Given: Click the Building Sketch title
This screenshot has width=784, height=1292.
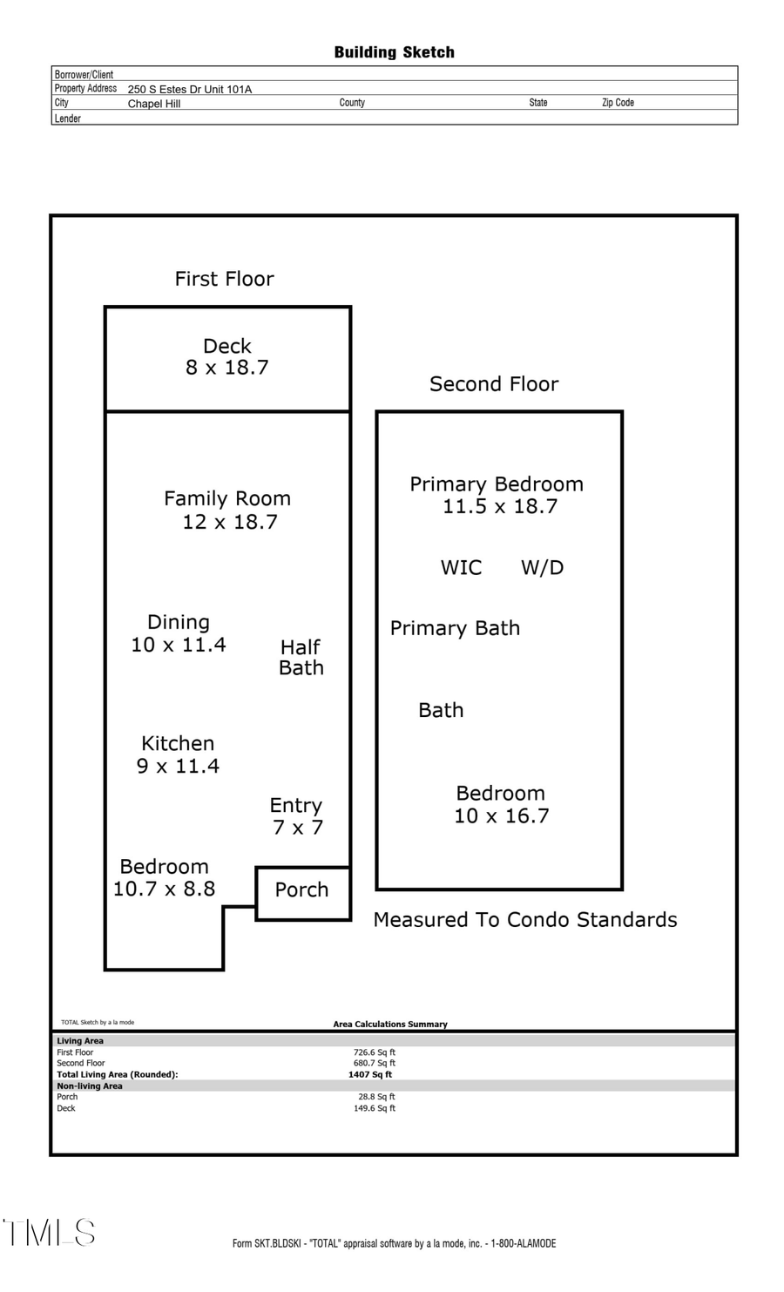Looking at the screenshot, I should (x=394, y=52).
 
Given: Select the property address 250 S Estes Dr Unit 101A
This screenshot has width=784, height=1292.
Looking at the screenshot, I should (x=189, y=89).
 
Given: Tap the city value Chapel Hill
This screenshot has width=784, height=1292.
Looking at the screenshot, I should (x=154, y=104).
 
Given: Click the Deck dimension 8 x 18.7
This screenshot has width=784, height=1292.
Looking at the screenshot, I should (x=226, y=368).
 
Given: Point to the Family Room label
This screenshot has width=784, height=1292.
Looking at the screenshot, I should (x=227, y=498).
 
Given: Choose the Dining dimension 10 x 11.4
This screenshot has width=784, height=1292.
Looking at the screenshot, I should (x=179, y=645).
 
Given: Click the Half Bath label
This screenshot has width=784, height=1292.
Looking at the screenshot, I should (x=301, y=658).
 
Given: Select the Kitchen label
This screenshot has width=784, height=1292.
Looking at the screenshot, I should (x=178, y=743).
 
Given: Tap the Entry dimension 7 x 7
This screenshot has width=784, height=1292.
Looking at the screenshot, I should (x=297, y=828).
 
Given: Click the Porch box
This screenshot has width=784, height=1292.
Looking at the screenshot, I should (x=302, y=890).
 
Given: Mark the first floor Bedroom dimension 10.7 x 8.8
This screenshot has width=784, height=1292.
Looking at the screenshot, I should (x=164, y=889).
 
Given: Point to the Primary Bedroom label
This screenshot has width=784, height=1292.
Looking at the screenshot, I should (x=497, y=484).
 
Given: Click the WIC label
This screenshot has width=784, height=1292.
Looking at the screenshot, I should (x=461, y=568).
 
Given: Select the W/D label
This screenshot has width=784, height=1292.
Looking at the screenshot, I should (x=542, y=568).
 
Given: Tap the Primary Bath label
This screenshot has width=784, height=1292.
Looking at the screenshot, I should (x=455, y=628).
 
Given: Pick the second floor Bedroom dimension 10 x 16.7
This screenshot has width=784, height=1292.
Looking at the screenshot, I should (x=501, y=816).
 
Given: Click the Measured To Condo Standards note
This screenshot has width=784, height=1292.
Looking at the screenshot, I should (x=524, y=920).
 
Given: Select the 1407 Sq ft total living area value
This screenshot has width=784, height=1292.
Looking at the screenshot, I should (x=370, y=1074).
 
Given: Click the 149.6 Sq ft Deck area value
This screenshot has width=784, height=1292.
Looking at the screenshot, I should (x=375, y=1108).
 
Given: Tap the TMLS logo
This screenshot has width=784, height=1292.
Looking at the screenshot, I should (x=49, y=1233).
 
